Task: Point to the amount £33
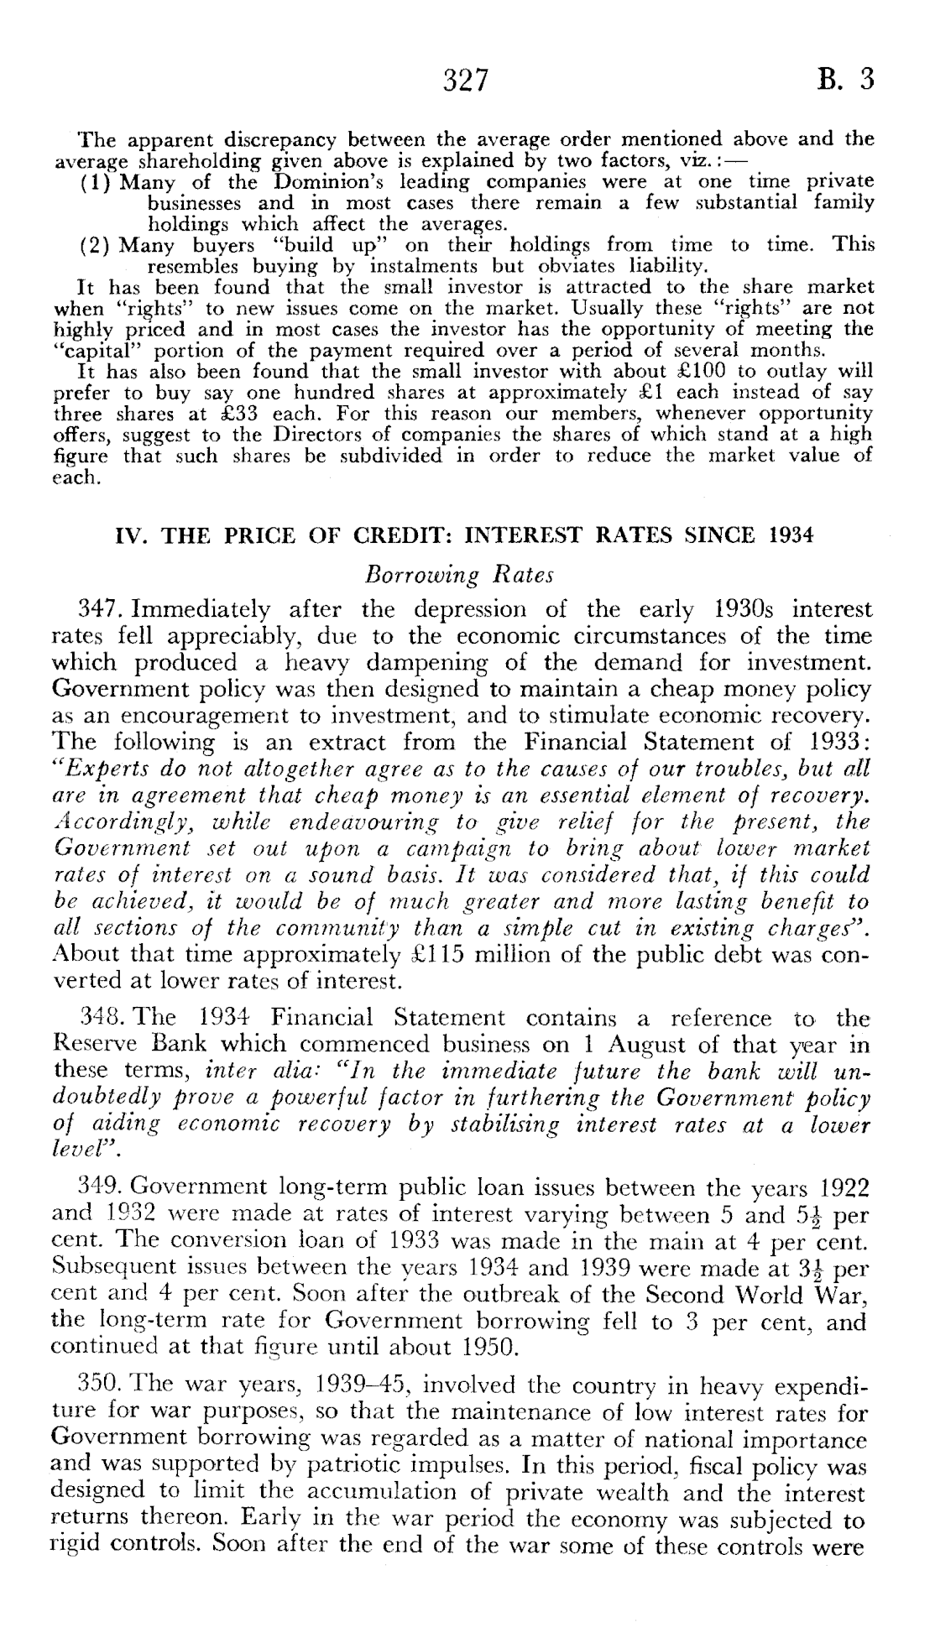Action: click(x=217, y=414)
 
